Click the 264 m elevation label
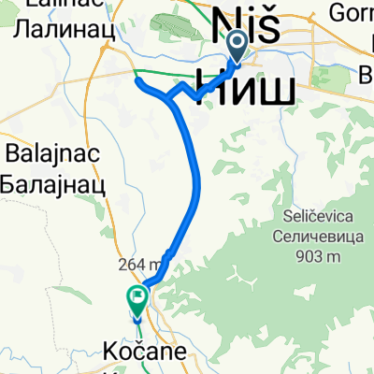point(139,264)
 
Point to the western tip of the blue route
point(137,82)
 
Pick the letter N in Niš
point(227,22)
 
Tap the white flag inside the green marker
point(137,299)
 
